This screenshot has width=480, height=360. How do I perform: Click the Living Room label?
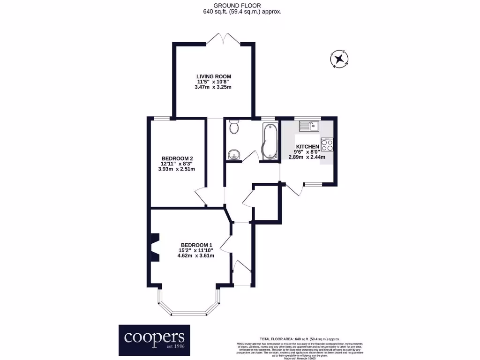pos(213,76)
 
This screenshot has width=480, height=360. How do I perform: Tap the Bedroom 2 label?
pos(178,158)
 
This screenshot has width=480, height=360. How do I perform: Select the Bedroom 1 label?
pos(197,245)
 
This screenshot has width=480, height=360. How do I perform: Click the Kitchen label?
pos(307,147)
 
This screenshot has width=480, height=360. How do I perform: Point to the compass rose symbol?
pos(339,59)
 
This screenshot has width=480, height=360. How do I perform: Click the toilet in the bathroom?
pos(234,127)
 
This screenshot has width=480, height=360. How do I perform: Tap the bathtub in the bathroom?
pos(270,141)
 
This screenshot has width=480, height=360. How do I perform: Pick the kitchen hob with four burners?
pos(327,145)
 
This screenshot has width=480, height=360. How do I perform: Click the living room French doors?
pos(223,38)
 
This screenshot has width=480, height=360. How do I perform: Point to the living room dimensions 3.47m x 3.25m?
pos(213,87)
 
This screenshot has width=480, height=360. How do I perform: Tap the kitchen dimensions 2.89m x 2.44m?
pos(307,157)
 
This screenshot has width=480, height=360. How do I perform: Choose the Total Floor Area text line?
pos(300,339)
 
